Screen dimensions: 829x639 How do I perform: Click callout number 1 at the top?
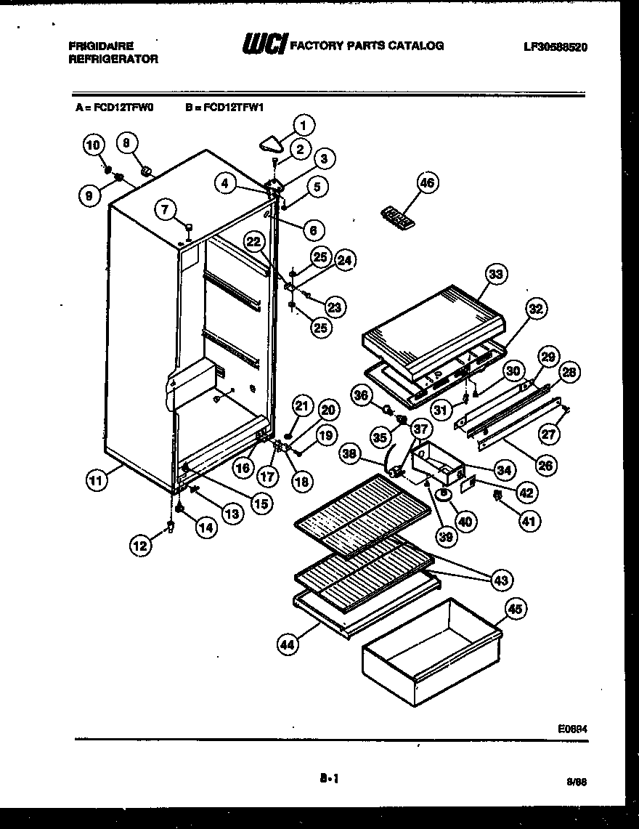[303, 125]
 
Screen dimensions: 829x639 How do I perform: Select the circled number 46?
[427, 183]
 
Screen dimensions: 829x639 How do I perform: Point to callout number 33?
[497, 274]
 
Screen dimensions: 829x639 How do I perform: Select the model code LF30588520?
[554, 46]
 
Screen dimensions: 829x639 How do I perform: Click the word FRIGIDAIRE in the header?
[101, 45]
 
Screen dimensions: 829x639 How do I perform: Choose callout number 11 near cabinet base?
[94, 479]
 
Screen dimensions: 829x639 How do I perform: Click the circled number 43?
[500, 579]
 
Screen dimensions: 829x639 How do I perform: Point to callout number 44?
[288, 642]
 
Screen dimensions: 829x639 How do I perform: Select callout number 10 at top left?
[92, 145]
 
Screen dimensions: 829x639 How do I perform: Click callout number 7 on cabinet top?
[166, 210]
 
